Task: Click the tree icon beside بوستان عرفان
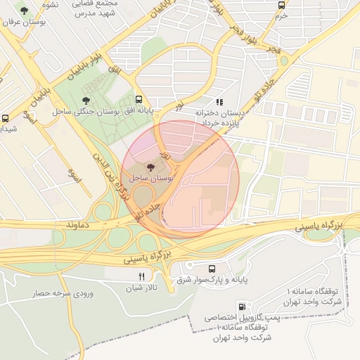click(25, 11)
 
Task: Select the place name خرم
click(281, 15)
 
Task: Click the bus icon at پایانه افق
click(139, 100)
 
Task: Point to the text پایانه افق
click(139, 111)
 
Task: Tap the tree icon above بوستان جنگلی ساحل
click(86, 101)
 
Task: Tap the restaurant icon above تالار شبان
click(143, 276)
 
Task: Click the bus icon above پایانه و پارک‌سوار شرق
click(212, 269)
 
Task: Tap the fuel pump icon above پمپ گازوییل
click(243, 307)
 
